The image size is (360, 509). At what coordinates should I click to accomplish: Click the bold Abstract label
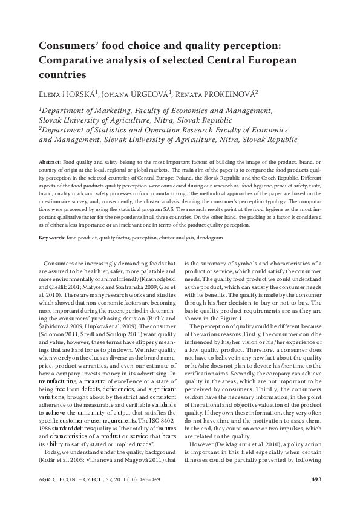pyautogui.click(x=50, y=163)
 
